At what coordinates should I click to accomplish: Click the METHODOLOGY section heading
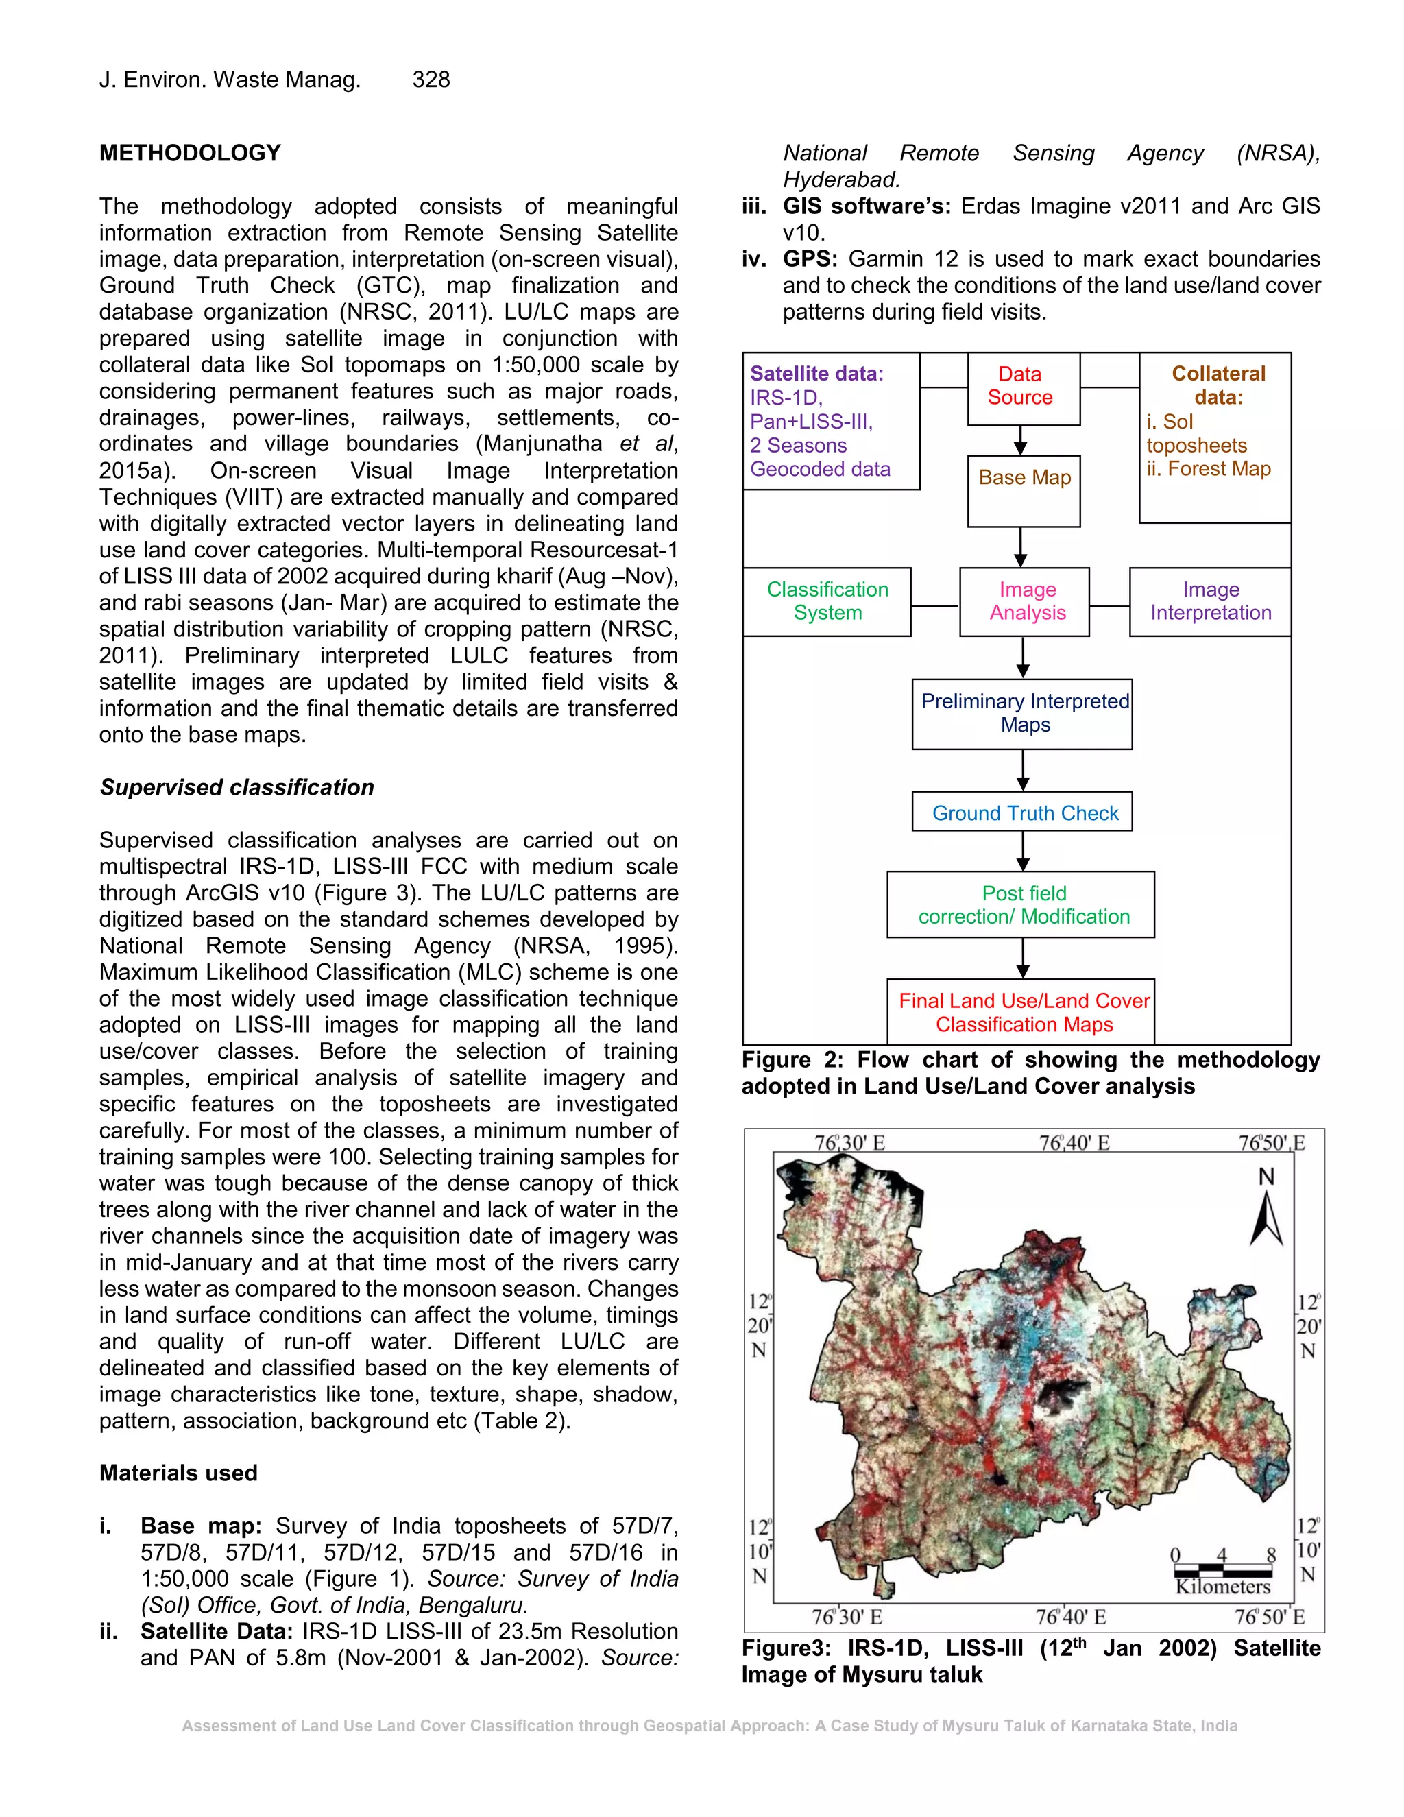click(190, 153)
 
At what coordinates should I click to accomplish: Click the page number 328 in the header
click(431, 80)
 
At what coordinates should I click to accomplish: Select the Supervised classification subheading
click(237, 787)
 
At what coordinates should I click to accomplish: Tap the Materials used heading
click(178, 1473)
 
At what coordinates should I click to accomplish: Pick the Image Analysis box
click(1025, 601)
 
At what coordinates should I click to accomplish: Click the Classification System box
click(827, 601)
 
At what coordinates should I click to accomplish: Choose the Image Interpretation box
click(1210, 601)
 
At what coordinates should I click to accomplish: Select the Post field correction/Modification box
click(1021, 904)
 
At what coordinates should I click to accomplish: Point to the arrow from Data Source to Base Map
click(1021, 440)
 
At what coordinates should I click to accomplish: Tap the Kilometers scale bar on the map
click(1223, 1572)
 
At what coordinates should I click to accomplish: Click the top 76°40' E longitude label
click(1073, 1143)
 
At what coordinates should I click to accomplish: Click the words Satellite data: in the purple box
click(816, 374)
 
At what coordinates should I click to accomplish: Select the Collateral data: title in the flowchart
click(1218, 385)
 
